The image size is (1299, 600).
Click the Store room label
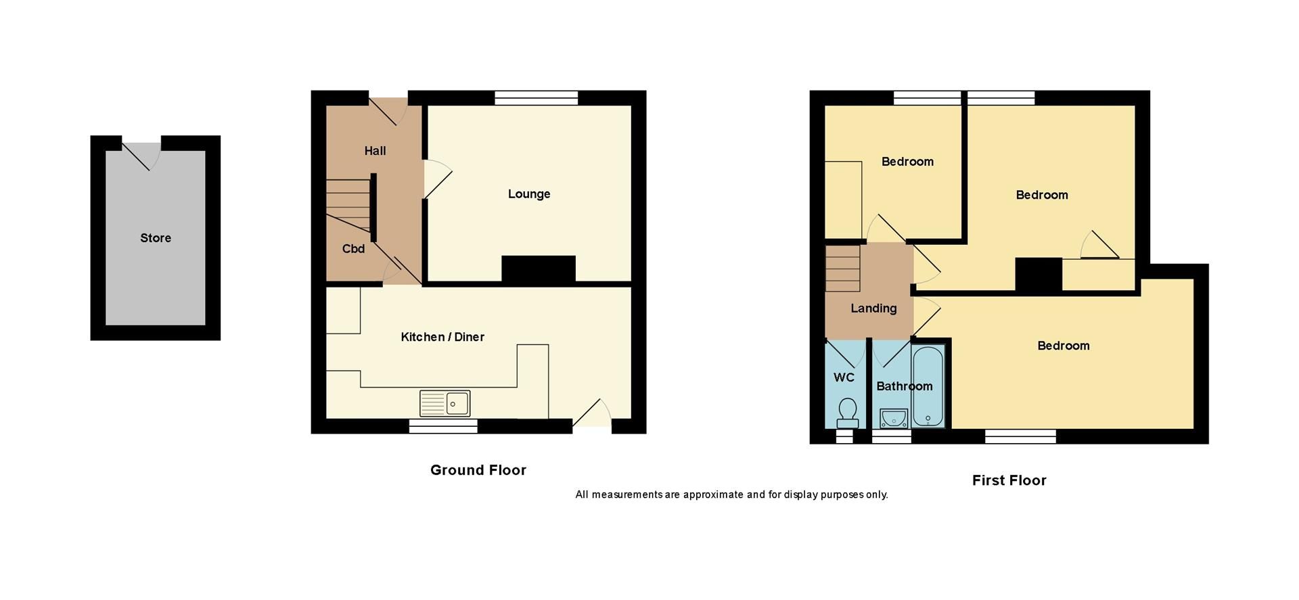155,238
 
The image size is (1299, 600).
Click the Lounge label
528,194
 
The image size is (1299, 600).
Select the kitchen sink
445,403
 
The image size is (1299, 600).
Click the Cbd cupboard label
353,249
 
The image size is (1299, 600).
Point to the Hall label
375,151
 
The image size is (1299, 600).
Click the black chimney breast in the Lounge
538,269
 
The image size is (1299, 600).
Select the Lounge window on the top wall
536,98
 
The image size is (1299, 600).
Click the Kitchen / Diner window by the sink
443,426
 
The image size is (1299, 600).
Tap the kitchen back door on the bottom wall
592,413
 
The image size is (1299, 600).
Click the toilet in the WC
847,411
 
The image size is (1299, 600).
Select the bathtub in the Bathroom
928,387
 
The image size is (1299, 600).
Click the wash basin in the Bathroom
893,418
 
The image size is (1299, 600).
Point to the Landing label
873,308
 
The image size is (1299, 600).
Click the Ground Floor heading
478,470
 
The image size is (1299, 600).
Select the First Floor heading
1009,480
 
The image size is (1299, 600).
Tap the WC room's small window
844,437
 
